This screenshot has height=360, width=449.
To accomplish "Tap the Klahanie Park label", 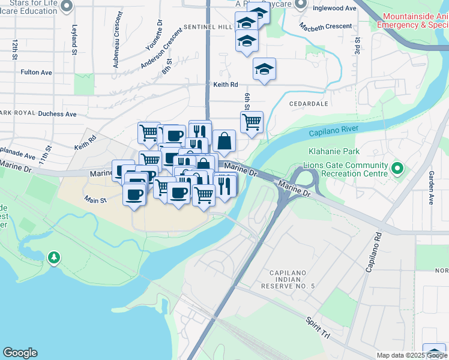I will (x=333, y=152).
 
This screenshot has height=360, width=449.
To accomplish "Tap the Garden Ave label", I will (x=431, y=187).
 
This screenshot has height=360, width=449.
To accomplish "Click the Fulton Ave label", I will (x=36, y=72).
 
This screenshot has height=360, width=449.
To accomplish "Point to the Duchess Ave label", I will (x=57, y=113).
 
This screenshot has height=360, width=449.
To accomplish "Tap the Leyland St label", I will (x=74, y=40).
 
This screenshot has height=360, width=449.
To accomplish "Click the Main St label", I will (x=95, y=200).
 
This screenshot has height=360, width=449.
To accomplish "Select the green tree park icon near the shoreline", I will (x=55, y=258).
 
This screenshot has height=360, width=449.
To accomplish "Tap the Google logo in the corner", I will (x=20, y=353).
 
